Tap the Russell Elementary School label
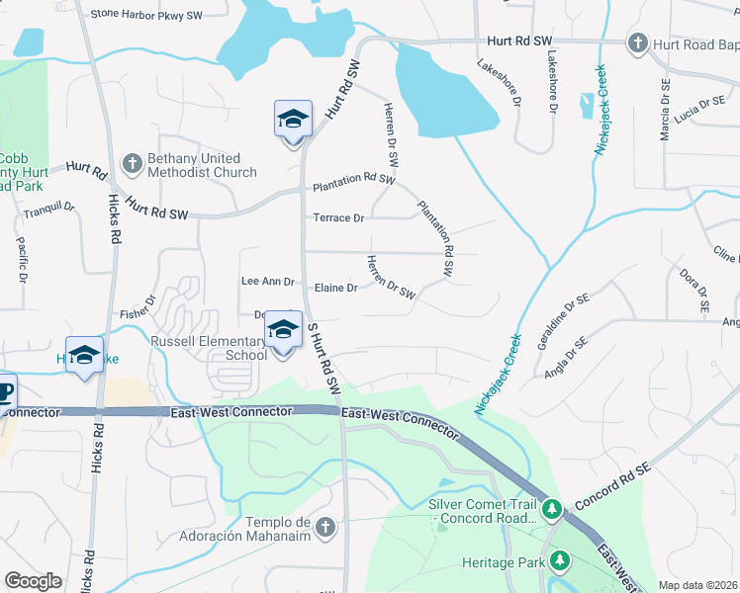point(208,348)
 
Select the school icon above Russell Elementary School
point(284,330)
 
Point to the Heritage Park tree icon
point(561,562)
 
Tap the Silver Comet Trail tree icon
point(552,510)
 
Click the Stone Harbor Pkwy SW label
point(145,14)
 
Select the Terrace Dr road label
point(338,217)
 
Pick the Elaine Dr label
point(335,288)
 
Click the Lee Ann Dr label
point(267,282)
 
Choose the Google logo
point(33,581)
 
